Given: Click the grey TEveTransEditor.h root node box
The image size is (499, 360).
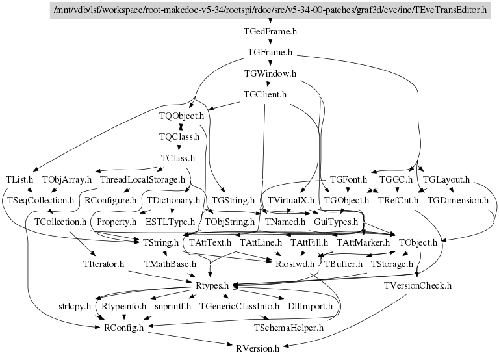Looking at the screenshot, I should pos(269,10).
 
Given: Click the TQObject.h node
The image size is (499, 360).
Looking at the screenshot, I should pos(181,116).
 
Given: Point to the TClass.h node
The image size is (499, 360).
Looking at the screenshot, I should pos(178,158).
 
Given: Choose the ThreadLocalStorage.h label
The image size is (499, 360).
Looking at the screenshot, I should pos(142,179).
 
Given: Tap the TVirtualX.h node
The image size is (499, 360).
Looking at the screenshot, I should pos(290,200).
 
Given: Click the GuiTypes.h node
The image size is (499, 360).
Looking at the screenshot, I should pos(335,222).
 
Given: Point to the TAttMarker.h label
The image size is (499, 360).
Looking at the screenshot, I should pos(363,242).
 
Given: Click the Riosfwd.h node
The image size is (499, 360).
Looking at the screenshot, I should pos(295,264).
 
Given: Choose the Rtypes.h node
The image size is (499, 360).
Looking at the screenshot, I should pos(212,285).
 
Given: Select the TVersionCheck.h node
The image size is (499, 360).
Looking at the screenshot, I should pos(417,285).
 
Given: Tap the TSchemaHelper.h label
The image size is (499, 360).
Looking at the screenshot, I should pos(288,327).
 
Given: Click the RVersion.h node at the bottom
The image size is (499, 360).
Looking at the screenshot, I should pos(257,348).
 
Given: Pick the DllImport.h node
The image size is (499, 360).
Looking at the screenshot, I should pos(310,306).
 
